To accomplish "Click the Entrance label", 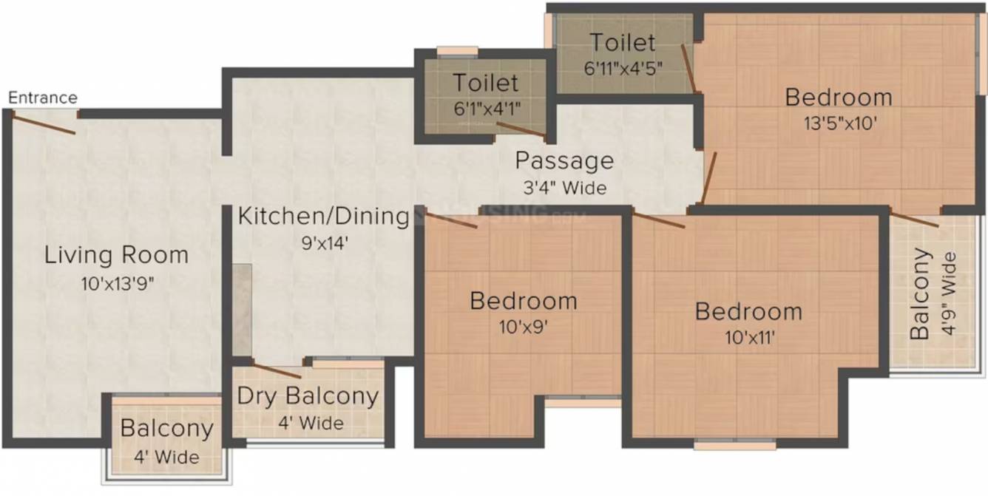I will click(x=43, y=98).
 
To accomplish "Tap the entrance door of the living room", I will click(x=45, y=123).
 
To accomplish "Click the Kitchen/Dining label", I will click(x=323, y=217).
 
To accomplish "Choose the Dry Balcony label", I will click(x=308, y=397).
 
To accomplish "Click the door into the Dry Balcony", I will click(x=277, y=371).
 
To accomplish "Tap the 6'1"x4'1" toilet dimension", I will click(x=487, y=108).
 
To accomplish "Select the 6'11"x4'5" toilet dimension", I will click(x=623, y=68).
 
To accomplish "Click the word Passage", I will click(x=564, y=160).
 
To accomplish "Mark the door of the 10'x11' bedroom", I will click(x=659, y=220).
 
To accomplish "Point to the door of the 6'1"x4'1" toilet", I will click(x=521, y=131).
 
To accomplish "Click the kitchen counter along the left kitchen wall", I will click(x=242, y=308).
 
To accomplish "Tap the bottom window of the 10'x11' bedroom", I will click(x=735, y=445).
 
